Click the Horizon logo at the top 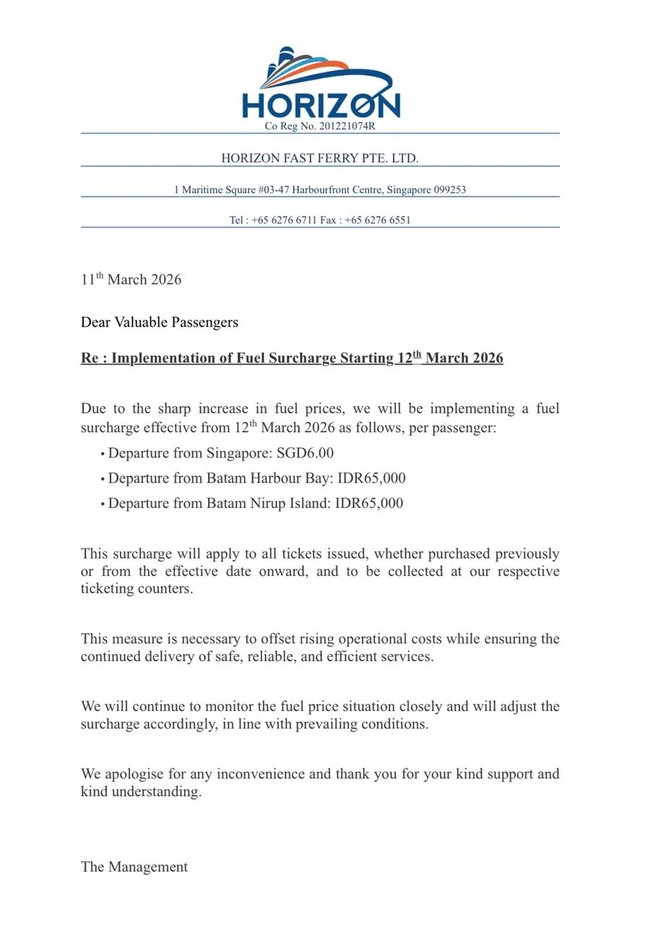coord(321,85)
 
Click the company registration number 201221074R coord(347,126)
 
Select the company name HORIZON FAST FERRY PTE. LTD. coord(319,158)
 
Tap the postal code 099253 coord(449,190)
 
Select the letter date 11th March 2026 coord(131,280)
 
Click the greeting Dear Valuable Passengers coord(159,322)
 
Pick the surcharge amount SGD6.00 coord(305,454)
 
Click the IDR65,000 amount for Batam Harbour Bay coord(371,478)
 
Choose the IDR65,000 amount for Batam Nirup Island coord(369,503)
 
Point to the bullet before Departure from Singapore coord(103,455)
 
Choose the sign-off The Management coord(134,867)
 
